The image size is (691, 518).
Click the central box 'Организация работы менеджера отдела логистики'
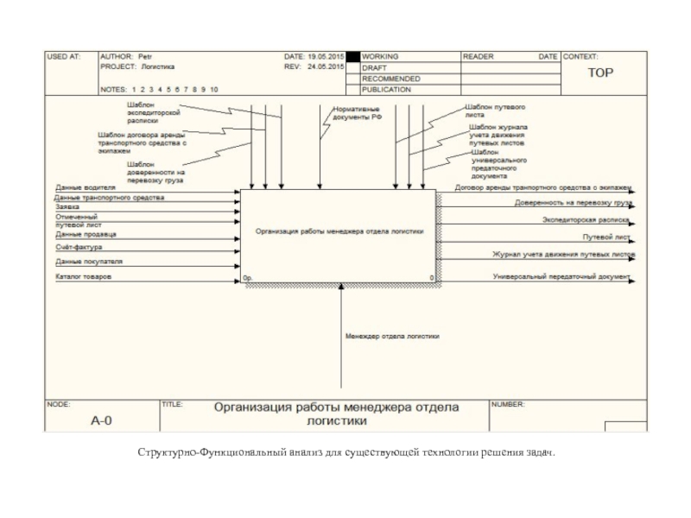point(339,231)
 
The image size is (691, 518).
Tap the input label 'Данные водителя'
point(86,186)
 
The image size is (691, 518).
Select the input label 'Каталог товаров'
point(84,277)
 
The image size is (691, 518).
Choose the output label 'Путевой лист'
point(608,236)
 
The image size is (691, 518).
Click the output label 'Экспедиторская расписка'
point(585,220)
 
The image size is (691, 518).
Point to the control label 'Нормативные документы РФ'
point(357,113)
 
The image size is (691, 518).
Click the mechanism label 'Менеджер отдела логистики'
point(392,337)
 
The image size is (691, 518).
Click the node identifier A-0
point(102,421)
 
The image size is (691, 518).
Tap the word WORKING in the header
point(380,56)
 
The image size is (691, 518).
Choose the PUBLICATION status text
point(386,89)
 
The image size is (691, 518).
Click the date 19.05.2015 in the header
point(323,56)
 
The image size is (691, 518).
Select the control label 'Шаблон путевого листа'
point(494,110)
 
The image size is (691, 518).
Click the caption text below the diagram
point(345,452)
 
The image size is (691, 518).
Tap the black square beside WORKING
point(352,56)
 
